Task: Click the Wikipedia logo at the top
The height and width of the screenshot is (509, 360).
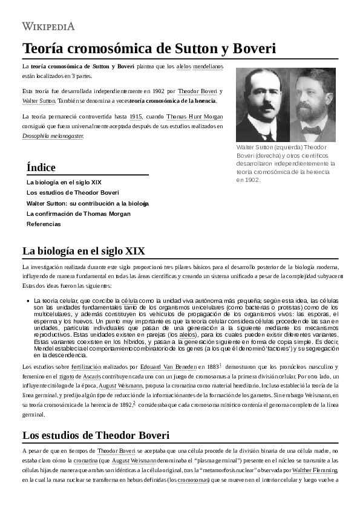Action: [x=48, y=26]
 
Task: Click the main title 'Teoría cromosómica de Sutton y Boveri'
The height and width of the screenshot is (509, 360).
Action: [x=149, y=48]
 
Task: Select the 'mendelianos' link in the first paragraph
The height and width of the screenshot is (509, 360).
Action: [x=208, y=66]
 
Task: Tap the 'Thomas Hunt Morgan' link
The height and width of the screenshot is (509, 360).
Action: [x=195, y=117]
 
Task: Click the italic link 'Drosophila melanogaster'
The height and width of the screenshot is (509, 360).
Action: [x=53, y=136]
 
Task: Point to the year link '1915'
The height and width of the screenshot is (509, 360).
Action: [x=136, y=117]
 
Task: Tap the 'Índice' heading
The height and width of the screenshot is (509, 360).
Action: [x=41, y=167]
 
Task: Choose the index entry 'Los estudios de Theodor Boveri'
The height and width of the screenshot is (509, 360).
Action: [x=73, y=192]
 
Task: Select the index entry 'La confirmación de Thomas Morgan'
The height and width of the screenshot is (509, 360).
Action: [x=78, y=213]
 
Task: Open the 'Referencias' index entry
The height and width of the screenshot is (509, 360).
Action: [x=44, y=224]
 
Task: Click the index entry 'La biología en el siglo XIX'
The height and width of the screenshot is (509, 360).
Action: [x=64, y=182]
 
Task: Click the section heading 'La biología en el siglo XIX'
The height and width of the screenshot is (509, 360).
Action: [x=83, y=251]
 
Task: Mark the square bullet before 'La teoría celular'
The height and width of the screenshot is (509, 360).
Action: [x=28, y=300]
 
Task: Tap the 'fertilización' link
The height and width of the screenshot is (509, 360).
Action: [x=86, y=367]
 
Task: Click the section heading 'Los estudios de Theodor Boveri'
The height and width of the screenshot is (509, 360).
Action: [x=96, y=435]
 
